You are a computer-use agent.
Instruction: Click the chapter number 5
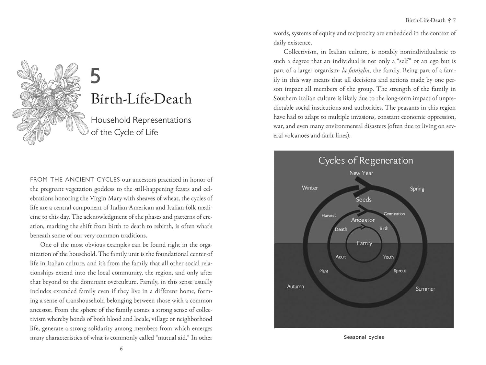tap(95, 76)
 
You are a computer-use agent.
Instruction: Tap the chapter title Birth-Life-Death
tap(141, 99)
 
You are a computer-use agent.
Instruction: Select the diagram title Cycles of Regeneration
tap(365, 161)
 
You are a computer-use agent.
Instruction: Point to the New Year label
tap(361, 173)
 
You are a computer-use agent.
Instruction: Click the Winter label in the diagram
tap(310, 188)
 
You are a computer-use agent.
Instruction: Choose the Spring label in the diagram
tap(417, 189)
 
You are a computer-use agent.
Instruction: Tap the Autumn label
tap(295, 286)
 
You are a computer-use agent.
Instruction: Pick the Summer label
tap(425, 289)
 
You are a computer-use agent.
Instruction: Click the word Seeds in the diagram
tap(364, 200)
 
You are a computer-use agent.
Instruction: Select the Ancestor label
tap(363, 220)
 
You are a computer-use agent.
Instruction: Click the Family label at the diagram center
tap(364, 243)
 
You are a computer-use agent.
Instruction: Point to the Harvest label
tap(329, 215)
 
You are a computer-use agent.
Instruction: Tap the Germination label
tap(394, 214)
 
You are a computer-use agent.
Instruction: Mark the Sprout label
tap(399, 271)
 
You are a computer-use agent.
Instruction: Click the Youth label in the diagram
tap(388, 257)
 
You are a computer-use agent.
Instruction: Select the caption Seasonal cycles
tap(364, 337)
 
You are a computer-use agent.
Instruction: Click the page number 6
tap(121, 349)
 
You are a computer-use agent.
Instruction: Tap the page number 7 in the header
tap(454, 20)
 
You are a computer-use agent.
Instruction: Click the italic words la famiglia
tap(355, 70)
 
